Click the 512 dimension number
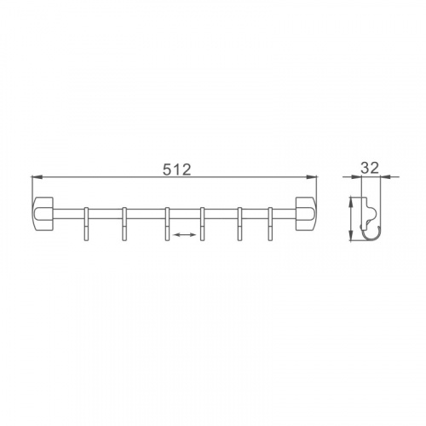[x=177, y=170]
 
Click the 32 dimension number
[x=370, y=168]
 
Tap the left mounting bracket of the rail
[x=43, y=214]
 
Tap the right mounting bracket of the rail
[x=306, y=214]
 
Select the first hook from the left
[x=86, y=224]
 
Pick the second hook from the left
[x=124, y=224]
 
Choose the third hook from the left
[x=167, y=224]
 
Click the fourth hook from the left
[x=202, y=224]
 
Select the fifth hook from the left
[x=240, y=224]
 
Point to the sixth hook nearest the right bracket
[x=270, y=224]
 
